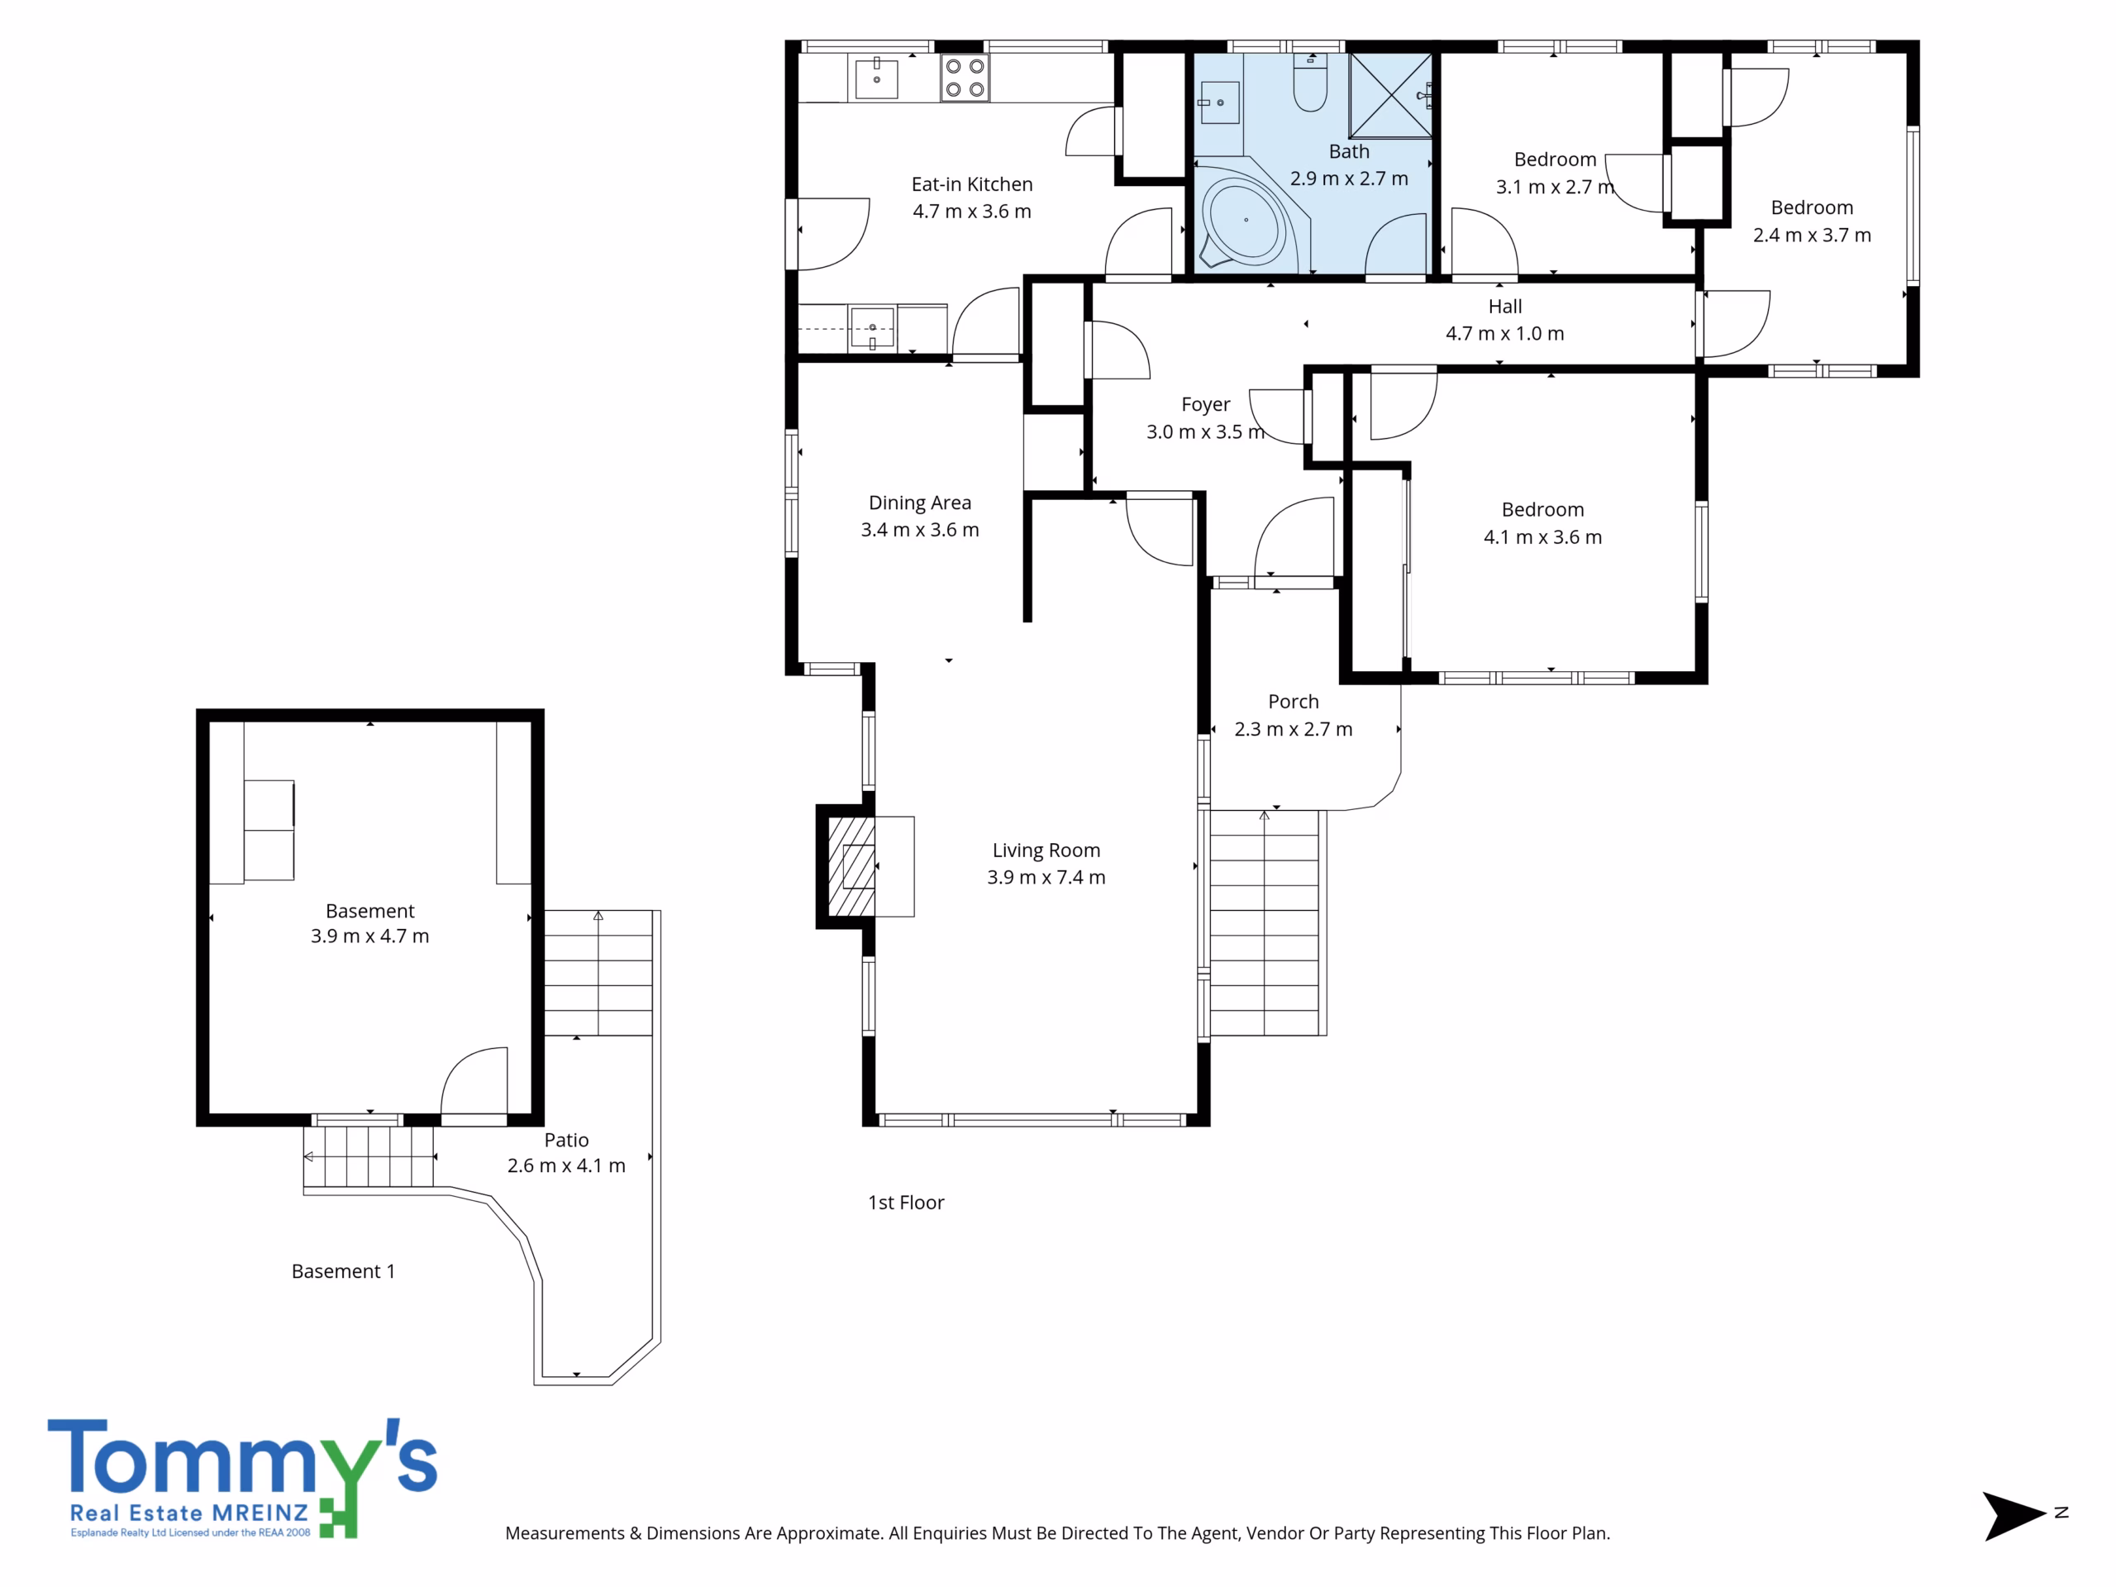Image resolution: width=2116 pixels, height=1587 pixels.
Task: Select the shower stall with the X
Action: coord(1390,96)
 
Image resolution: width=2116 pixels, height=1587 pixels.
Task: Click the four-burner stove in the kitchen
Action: coord(965,79)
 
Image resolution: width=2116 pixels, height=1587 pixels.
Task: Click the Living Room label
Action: coord(1046,850)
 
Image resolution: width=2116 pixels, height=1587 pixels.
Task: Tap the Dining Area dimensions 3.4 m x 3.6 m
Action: coord(919,530)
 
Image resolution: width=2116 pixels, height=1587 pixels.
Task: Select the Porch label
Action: coord(1294,701)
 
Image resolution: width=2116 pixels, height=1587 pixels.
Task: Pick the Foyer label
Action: coord(1205,405)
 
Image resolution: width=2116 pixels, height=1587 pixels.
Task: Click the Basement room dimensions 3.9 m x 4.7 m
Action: coord(369,936)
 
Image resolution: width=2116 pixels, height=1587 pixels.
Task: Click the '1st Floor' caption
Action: coord(906,1203)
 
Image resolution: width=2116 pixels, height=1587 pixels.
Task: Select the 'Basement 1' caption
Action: coord(342,1271)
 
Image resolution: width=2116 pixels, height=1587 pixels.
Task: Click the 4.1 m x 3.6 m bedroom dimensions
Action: coord(1542,537)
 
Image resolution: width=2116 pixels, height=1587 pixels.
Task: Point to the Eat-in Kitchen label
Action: coord(972,183)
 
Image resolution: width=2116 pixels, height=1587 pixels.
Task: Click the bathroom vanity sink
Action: coord(1218,102)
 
